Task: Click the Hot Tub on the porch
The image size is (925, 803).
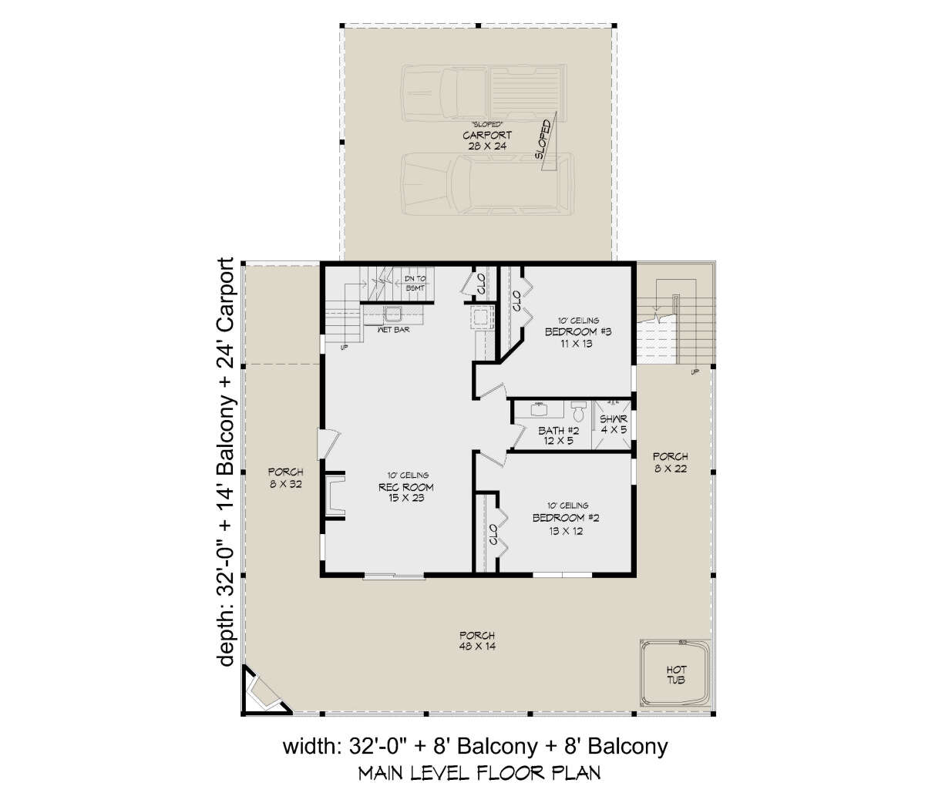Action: [x=675, y=674]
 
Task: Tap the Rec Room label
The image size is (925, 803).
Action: [x=405, y=487]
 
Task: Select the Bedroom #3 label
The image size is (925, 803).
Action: [x=578, y=332]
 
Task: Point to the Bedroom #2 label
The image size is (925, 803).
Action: [x=566, y=518]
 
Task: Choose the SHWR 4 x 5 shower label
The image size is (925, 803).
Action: [x=614, y=425]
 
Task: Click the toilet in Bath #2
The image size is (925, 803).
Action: [x=578, y=411]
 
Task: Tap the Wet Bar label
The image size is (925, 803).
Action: [x=393, y=330]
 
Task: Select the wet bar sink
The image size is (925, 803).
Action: [x=391, y=314]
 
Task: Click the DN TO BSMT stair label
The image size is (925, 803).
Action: [x=415, y=284]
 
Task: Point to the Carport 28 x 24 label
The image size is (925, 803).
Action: [x=487, y=140]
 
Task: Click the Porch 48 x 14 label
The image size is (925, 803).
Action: [x=477, y=640]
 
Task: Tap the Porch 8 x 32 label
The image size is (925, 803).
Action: [x=285, y=478]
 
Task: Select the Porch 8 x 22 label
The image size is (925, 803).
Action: [x=670, y=462]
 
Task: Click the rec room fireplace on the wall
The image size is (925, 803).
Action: [x=335, y=496]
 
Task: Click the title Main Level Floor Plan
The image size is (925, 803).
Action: [x=479, y=773]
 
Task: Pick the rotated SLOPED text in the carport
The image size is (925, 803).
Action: [x=543, y=139]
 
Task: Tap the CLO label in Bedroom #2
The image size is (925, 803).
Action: [x=493, y=534]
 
